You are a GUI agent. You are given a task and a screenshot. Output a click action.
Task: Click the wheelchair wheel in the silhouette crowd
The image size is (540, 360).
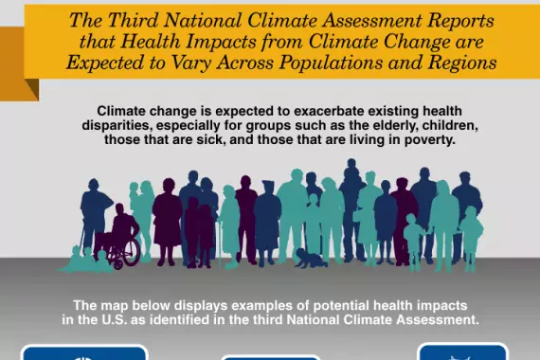coord(127,250)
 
